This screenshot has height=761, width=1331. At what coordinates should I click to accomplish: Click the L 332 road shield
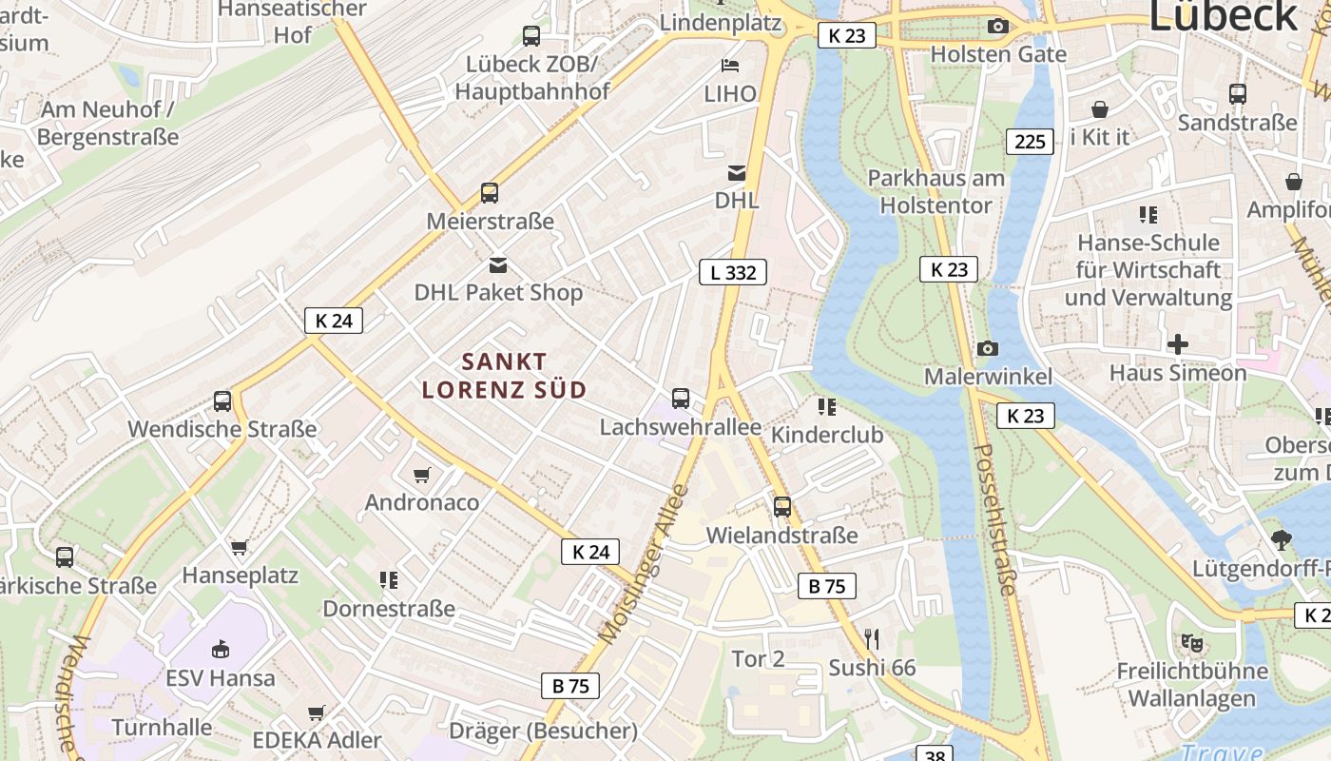click(x=733, y=272)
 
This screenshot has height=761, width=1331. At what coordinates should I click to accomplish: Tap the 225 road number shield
click(x=1030, y=142)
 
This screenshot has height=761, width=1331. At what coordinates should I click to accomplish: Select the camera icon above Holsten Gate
click(x=997, y=27)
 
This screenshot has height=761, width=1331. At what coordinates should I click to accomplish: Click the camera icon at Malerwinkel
click(x=988, y=348)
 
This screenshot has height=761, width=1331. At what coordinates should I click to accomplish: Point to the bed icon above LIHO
click(x=730, y=65)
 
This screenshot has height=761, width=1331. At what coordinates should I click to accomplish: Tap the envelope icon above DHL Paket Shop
click(x=498, y=264)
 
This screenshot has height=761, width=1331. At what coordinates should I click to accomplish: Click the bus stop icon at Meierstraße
click(x=490, y=193)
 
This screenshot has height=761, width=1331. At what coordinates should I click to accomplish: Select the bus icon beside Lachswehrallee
click(x=681, y=399)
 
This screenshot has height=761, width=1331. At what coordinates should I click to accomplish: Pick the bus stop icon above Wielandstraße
click(x=781, y=507)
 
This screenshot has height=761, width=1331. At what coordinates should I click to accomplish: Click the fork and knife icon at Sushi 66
click(x=872, y=638)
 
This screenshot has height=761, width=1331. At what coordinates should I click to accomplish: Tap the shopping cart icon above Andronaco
click(x=422, y=474)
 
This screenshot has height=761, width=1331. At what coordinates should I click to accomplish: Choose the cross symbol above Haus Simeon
click(x=1178, y=343)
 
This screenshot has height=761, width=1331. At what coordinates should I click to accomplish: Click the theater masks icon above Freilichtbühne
click(x=1191, y=643)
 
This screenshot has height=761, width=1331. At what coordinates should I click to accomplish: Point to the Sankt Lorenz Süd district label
click(x=504, y=376)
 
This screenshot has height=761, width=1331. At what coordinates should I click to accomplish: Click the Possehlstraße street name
click(x=995, y=519)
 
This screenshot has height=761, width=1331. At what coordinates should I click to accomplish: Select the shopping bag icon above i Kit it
click(x=1100, y=109)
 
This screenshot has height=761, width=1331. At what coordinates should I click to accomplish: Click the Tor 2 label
click(x=758, y=658)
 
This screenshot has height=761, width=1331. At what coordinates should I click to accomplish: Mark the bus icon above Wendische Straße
click(x=222, y=401)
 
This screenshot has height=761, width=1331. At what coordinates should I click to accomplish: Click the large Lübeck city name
click(x=1223, y=17)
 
